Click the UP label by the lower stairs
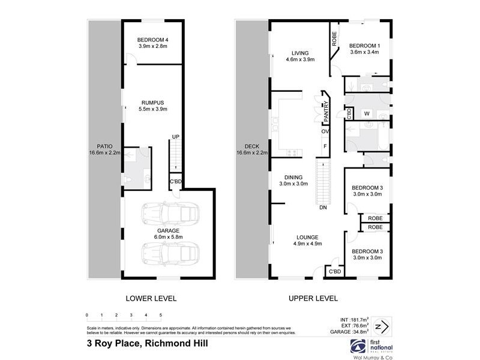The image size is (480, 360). click(x=175, y=137)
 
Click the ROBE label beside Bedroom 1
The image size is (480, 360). click(x=334, y=38)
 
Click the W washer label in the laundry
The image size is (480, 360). click(x=366, y=113)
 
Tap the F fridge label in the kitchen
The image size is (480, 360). click(x=325, y=146)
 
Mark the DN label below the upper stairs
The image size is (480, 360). click(x=323, y=208)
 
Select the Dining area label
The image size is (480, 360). click(x=295, y=181)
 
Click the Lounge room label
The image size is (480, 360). click(x=307, y=240)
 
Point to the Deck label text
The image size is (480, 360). click(x=251, y=149)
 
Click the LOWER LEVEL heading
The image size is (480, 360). click(x=151, y=298)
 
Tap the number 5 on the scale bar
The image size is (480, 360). click(x=160, y=315)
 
